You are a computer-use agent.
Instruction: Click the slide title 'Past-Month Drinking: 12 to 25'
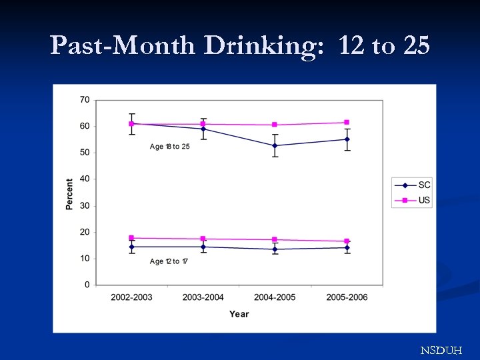point(240,45)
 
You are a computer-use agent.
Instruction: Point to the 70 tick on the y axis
point(85,99)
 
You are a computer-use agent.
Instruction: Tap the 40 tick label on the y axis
point(85,179)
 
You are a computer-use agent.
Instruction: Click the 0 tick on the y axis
point(87,285)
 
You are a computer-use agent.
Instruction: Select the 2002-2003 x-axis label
point(131,297)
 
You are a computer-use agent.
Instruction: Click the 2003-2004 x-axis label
point(203,297)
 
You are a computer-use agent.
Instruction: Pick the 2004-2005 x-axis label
point(275,297)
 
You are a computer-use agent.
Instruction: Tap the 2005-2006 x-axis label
point(347,297)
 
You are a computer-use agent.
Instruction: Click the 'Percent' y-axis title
point(69,194)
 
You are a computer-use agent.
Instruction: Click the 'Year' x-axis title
point(239,314)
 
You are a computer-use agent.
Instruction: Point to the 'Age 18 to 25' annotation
point(169,147)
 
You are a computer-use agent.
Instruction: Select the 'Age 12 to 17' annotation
point(169,261)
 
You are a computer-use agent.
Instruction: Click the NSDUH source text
point(440,350)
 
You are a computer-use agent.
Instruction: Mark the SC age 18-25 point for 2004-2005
point(275,145)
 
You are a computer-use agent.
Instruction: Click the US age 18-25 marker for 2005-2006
point(347,122)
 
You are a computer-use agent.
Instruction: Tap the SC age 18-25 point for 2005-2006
point(347,139)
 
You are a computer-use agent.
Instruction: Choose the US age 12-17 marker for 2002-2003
point(131,238)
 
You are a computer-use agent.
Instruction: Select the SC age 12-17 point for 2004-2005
point(275,249)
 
